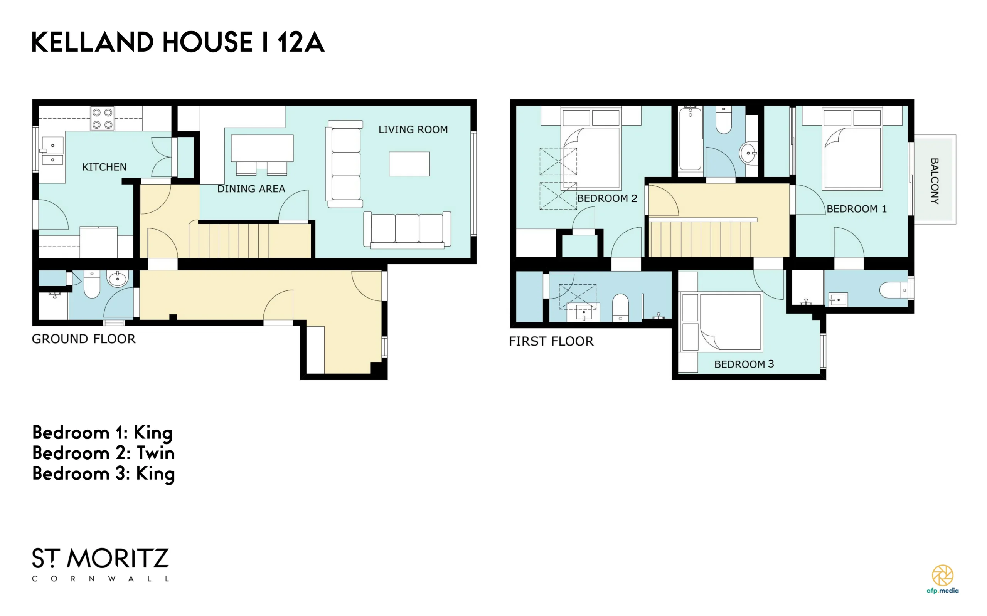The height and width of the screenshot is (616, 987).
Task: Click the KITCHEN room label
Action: [x=104, y=167]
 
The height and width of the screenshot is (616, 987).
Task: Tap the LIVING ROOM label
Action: [x=413, y=129]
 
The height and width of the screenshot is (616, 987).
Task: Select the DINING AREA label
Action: [x=251, y=189]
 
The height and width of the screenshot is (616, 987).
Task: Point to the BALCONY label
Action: [x=935, y=181]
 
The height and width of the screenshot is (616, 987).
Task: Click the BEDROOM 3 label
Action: [x=744, y=364]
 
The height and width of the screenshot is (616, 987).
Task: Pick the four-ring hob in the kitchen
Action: [x=102, y=119]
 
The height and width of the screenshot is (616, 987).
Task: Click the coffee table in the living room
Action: [x=409, y=164]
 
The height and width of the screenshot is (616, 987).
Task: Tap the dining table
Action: [x=262, y=148]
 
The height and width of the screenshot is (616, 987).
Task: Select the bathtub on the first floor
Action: [x=690, y=139]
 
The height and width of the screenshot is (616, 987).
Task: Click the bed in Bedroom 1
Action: [x=852, y=148]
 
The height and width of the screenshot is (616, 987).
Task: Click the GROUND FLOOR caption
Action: [x=84, y=339]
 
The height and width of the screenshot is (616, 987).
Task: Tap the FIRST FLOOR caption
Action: [x=551, y=341]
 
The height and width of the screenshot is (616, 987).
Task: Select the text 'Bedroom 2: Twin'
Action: [x=104, y=453]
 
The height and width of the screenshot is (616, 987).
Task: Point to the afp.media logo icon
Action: [x=943, y=575]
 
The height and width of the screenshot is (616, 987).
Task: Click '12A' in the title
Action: [x=301, y=42]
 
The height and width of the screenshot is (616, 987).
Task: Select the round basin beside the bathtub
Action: [x=748, y=153]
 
